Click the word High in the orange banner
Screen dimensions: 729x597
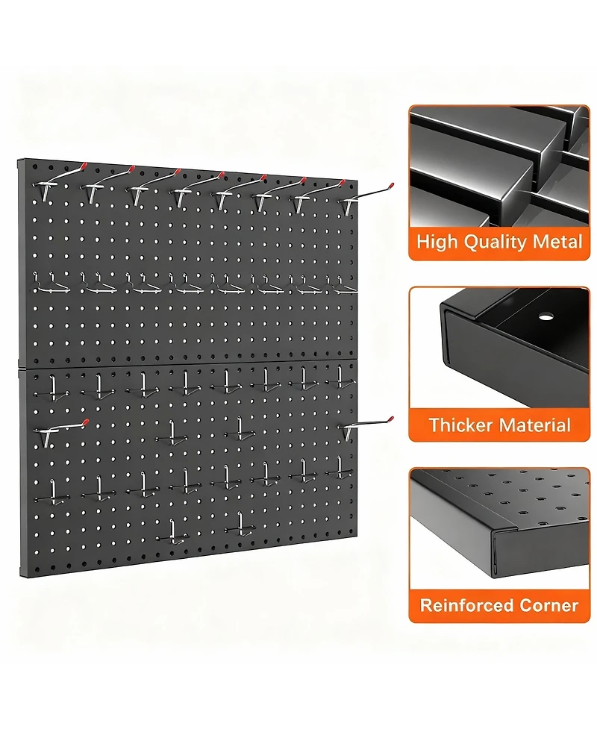point(437,242)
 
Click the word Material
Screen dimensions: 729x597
point(535,425)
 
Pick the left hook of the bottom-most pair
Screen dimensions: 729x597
point(175,531)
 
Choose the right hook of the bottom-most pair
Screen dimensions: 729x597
point(242,524)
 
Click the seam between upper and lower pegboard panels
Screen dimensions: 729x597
point(187,363)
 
